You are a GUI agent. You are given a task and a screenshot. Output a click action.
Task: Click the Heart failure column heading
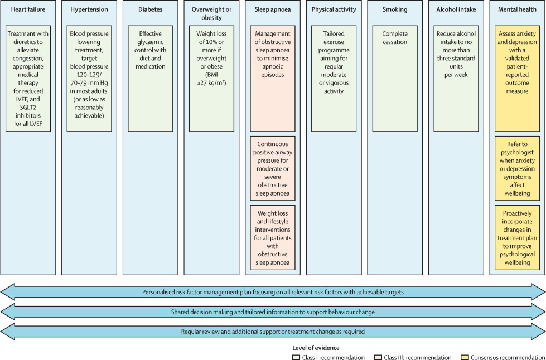(x=28, y=9)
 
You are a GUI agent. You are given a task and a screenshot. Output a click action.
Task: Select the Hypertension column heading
(x=89, y=9)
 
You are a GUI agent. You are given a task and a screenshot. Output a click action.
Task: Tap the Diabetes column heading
(x=150, y=9)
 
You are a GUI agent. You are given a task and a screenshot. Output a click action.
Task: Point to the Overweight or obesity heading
(x=211, y=13)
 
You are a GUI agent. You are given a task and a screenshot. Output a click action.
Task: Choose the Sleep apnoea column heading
(x=273, y=9)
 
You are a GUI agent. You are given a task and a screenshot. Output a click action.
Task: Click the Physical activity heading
(x=334, y=9)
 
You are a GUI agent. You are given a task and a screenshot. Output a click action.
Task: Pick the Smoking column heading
(x=395, y=9)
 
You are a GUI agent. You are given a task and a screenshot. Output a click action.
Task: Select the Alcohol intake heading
(x=456, y=9)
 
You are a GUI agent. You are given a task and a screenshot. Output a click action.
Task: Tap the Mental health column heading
(x=517, y=9)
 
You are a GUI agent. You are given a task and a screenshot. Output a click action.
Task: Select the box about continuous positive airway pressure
(x=273, y=168)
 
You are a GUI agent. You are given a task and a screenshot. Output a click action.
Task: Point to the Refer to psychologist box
(x=517, y=168)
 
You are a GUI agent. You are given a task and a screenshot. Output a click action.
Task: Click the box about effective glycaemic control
(x=150, y=78)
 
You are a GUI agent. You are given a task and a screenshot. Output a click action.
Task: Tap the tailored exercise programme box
(x=334, y=78)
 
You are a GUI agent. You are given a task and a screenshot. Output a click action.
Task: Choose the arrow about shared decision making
(x=273, y=312)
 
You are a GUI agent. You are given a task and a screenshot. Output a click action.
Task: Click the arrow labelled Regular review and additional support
(x=273, y=331)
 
